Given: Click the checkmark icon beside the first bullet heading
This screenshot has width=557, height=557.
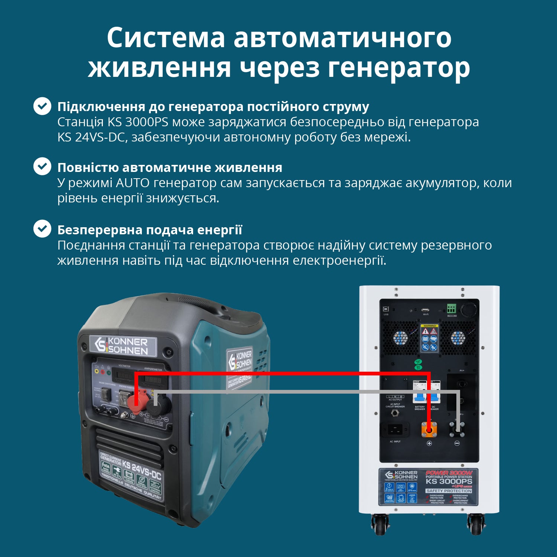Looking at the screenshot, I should coord(42,106).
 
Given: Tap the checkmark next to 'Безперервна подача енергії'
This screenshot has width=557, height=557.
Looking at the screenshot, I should coord(42,229).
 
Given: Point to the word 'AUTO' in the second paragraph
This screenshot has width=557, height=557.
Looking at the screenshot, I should coord(133,183).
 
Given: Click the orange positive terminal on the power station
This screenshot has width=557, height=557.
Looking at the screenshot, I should coord(429,430).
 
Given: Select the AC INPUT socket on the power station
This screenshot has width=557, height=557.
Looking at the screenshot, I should coord(395,429).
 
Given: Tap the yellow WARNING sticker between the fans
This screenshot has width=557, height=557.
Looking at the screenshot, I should coord(429,338).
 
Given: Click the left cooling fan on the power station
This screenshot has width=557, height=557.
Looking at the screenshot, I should coord(400,338).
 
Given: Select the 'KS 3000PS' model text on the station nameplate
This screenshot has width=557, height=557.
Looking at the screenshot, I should coord(449,481).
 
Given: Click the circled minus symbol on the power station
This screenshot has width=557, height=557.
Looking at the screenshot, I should coord(457,443).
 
